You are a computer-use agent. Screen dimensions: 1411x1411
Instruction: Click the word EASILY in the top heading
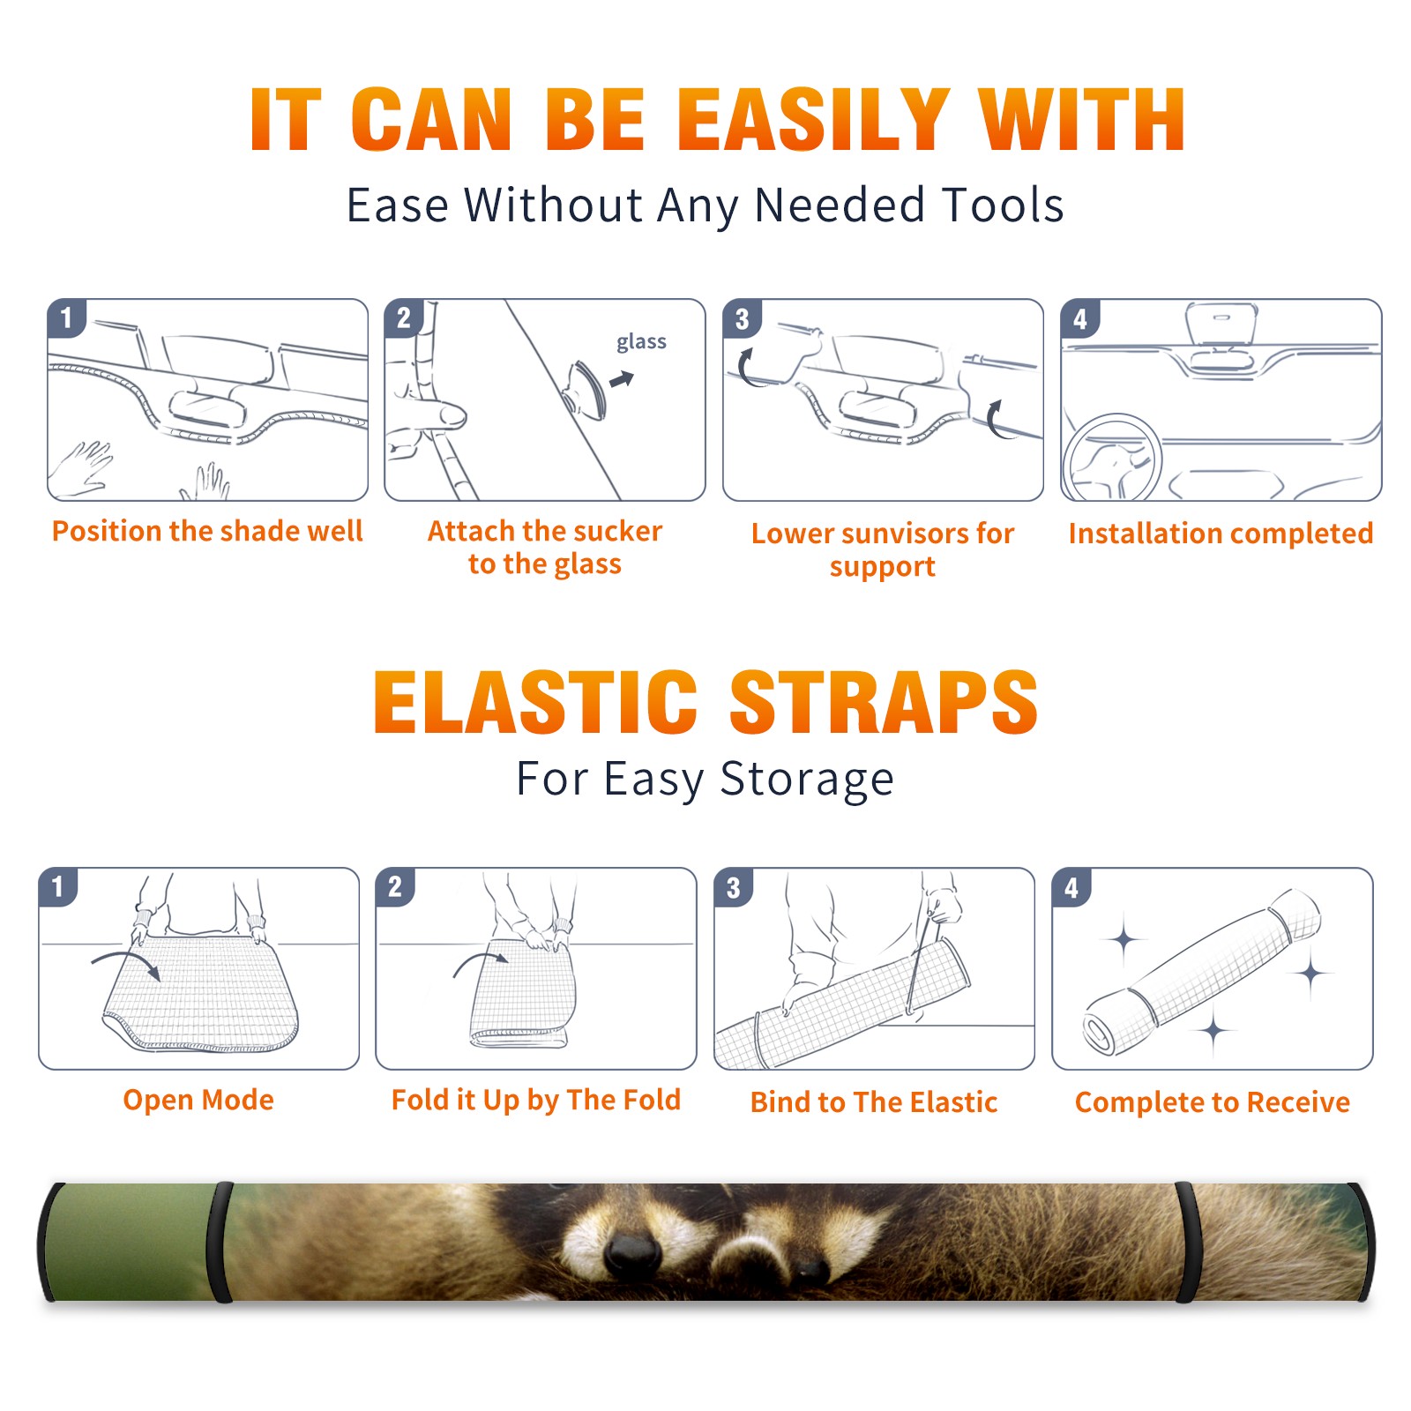point(813,120)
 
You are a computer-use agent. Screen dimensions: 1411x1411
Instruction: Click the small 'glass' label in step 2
point(641,341)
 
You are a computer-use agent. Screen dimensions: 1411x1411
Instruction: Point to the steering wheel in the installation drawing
point(1113,458)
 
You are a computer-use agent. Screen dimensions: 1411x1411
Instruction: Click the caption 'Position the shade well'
point(207,531)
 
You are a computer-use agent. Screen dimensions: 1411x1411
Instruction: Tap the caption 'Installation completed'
point(1221,533)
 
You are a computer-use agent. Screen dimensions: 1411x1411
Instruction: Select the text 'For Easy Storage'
point(705,779)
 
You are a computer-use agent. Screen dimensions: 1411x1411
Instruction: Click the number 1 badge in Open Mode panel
point(58,887)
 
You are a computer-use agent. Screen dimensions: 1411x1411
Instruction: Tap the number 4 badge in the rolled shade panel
point(1071,887)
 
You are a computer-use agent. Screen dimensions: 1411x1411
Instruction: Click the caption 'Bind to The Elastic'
point(874,1102)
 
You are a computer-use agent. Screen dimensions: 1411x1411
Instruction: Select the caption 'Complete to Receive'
point(1213,1102)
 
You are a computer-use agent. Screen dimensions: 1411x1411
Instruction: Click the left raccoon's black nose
point(633,1251)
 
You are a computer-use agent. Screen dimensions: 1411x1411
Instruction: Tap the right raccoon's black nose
point(807,1271)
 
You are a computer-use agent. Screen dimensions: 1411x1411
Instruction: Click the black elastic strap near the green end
point(220,1243)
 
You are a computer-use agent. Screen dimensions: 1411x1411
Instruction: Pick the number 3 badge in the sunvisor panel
point(742,318)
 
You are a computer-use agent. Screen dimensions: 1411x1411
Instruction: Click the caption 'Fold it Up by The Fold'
point(536,1100)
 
